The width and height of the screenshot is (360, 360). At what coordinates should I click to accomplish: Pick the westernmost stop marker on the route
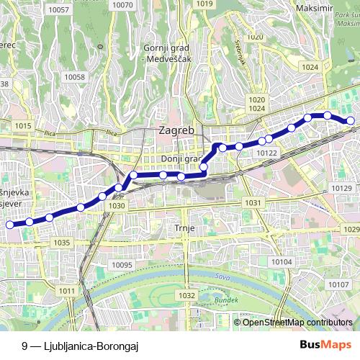tap(10, 225)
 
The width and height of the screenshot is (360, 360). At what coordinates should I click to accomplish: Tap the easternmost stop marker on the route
tap(351, 121)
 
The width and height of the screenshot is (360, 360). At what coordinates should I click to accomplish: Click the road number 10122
tap(266, 153)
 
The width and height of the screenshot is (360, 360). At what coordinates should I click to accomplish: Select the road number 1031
tap(252, 203)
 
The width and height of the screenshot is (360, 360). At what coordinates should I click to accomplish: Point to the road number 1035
tap(61, 243)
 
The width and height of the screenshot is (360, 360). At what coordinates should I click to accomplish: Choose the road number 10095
tap(123, 265)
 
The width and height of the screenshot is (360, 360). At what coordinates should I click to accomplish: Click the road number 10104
tap(282, 261)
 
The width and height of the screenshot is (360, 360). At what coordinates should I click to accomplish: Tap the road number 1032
tap(186, 295)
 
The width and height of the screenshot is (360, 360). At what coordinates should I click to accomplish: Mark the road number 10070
tap(123, 5)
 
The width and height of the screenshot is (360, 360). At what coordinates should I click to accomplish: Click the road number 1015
tap(22, 126)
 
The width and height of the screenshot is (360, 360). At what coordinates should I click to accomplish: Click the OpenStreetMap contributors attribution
tap(297, 322)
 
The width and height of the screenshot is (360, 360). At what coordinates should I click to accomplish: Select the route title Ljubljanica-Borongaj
tap(79, 346)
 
